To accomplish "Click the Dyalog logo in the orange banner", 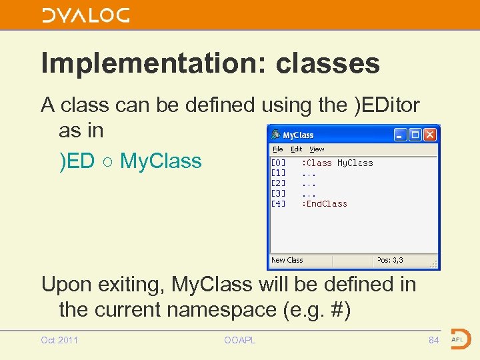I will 85,15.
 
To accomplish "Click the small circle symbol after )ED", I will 107,161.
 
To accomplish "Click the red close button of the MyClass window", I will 429,135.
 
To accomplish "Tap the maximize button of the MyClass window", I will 415,135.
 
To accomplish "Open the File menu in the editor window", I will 278,149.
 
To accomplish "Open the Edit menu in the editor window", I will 296,149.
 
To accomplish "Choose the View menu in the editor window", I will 317,149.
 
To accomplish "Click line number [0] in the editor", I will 278,163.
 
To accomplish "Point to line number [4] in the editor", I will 278,204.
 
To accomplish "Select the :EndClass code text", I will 325,204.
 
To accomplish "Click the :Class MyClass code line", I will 337,163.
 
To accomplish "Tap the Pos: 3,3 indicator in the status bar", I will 390,260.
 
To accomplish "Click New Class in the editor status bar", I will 287,260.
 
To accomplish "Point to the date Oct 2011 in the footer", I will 59,340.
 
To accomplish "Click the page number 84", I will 434,340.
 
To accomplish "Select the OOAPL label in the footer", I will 240,340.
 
